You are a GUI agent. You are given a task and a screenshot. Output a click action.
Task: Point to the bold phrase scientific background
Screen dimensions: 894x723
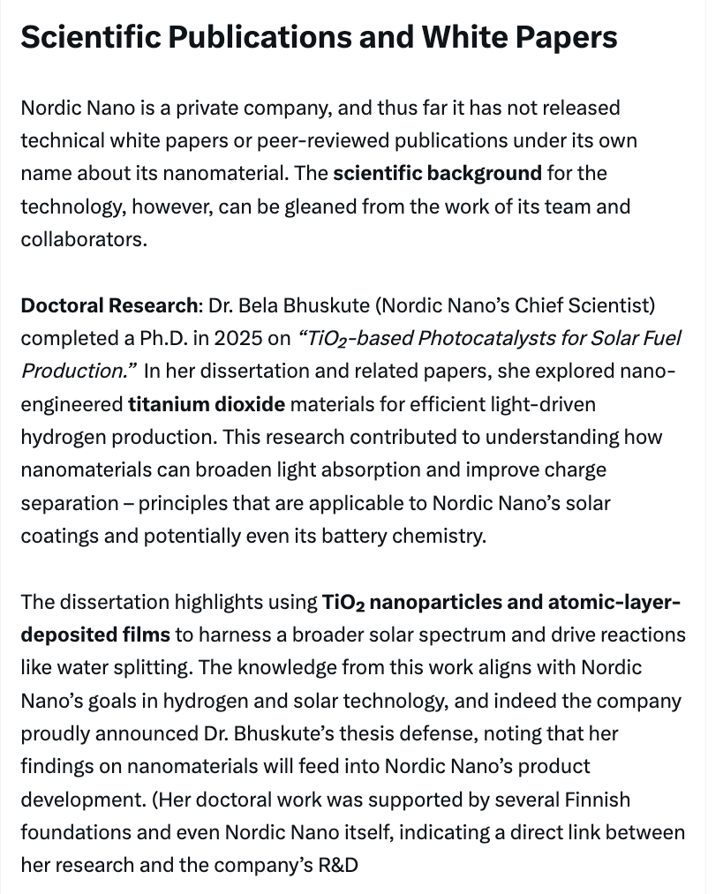click(437, 173)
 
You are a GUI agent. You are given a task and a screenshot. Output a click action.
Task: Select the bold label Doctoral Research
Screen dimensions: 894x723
click(109, 305)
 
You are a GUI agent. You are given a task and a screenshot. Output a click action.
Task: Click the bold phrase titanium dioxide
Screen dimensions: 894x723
click(207, 405)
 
